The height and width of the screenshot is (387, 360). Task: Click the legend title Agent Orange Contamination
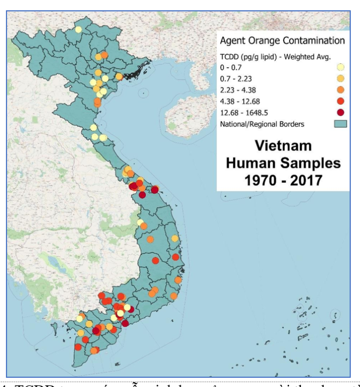click(x=281, y=40)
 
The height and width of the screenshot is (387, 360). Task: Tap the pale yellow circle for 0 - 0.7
click(x=340, y=67)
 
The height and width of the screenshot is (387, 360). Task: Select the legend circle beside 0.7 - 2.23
click(x=340, y=78)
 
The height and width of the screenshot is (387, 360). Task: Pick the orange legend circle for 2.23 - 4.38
click(x=340, y=90)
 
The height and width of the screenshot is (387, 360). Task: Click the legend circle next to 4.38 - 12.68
click(x=340, y=101)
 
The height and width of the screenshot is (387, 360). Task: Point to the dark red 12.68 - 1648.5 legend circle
click(x=340, y=112)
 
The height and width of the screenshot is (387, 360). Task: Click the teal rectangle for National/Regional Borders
click(x=340, y=124)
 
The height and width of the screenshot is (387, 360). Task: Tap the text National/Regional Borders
click(x=262, y=124)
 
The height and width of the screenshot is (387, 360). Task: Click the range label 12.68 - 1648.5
click(x=244, y=112)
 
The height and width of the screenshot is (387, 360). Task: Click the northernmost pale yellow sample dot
click(x=78, y=30)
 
